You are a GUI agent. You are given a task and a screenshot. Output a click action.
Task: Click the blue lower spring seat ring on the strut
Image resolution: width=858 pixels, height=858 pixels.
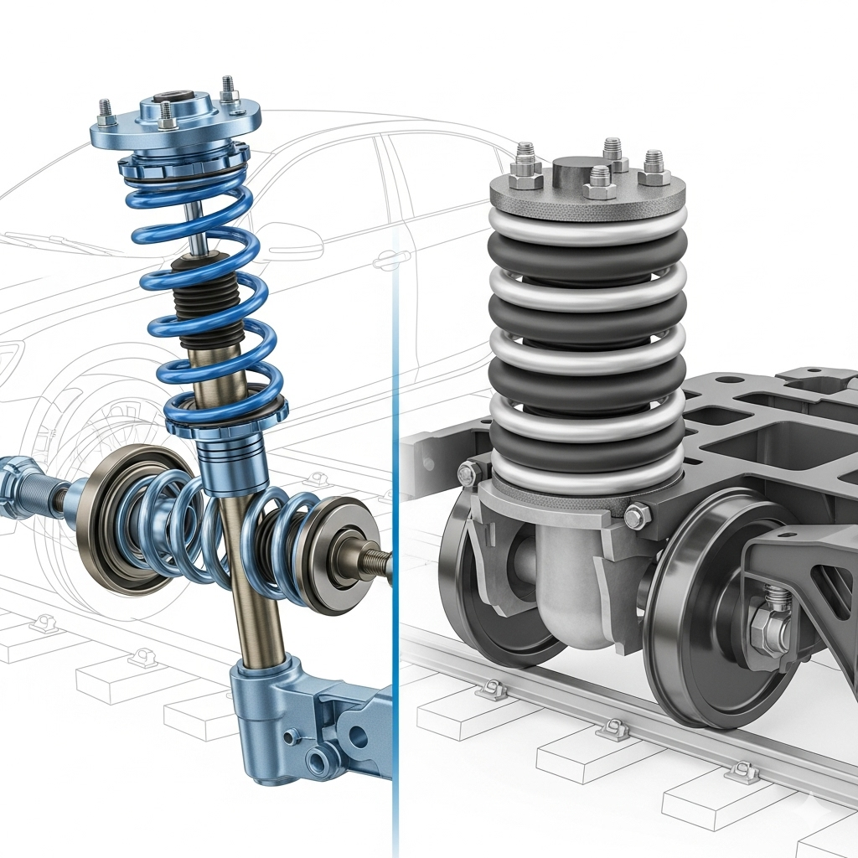tap(226, 415)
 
